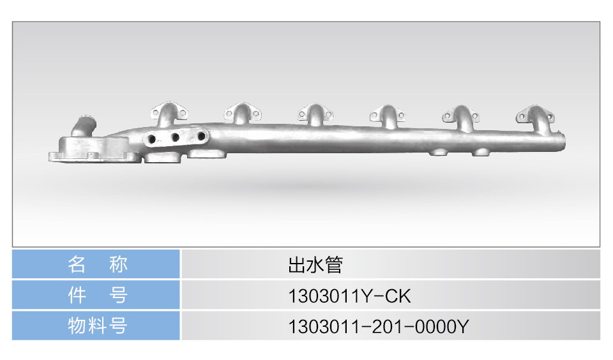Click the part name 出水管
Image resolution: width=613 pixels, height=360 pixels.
(315, 265)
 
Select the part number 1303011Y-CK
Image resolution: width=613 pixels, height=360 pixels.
(349, 296)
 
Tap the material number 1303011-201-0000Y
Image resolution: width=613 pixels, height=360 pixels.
(378, 326)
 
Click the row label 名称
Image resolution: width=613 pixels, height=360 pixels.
(97, 264)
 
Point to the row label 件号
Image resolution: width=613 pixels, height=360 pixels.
(97, 295)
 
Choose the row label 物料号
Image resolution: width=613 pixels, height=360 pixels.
(97, 326)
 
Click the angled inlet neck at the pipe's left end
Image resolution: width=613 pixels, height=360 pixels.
(83, 126)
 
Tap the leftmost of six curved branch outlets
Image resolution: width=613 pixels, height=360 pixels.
(169, 114)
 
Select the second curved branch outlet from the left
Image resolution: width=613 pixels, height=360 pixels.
(243, 114)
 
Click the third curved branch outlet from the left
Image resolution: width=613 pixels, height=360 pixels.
(315, 114)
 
